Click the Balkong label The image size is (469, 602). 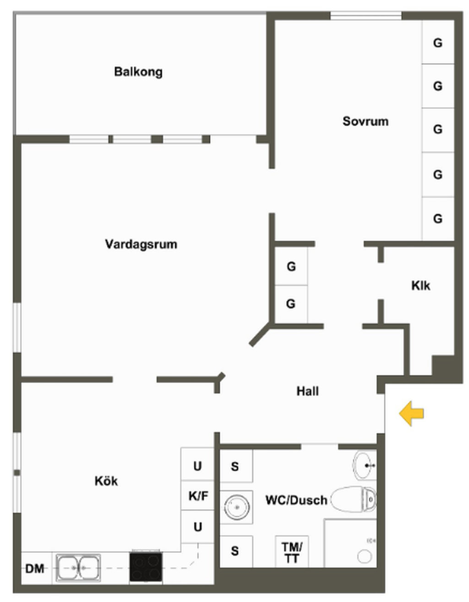pos(138,72)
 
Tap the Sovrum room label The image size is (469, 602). pos(365,122)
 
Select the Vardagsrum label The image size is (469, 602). pos(141,244)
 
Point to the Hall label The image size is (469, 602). pos(307,391)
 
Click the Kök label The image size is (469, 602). pos(106,481)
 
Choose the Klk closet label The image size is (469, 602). pos(420,286)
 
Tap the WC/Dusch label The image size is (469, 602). pos(296,500)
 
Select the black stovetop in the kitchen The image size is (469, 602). pos(146,567)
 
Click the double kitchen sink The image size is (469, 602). pos(78,568)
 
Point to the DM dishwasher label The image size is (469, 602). pos(35,569)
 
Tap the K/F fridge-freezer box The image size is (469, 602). pos(198,496)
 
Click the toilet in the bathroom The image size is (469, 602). pos(354,499)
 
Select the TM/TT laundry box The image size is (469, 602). pos(292,552)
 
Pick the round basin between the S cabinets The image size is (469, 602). pos(237,507)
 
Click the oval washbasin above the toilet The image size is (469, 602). pos(365,465)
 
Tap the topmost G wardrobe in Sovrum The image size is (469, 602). pos(438,43)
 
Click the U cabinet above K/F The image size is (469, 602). pos(197,466)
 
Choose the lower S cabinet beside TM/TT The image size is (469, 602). pos(235,551)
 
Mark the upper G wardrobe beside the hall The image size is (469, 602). pos(291,267)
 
